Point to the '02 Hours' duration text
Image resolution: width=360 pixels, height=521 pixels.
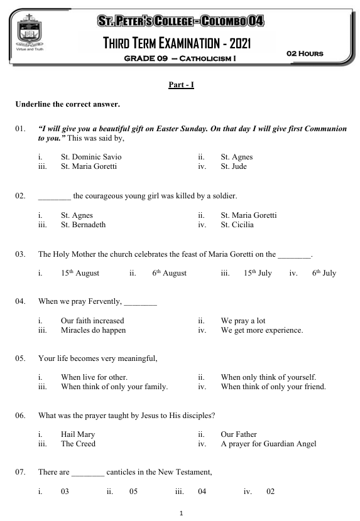305,53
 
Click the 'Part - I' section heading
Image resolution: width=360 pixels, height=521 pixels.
181,84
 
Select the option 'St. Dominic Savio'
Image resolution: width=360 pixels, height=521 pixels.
91,157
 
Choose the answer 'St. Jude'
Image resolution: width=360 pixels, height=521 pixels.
234,166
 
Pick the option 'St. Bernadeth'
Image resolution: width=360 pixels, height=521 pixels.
83,225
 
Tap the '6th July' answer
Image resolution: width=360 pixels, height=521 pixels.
324,273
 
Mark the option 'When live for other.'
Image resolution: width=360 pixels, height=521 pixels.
94,377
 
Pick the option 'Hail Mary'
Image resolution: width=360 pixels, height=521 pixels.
78,434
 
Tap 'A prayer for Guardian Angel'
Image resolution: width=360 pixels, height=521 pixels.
268,444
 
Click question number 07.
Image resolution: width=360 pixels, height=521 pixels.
21,472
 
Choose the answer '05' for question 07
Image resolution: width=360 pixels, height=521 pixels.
133,491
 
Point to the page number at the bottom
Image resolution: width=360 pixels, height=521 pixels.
181,513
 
